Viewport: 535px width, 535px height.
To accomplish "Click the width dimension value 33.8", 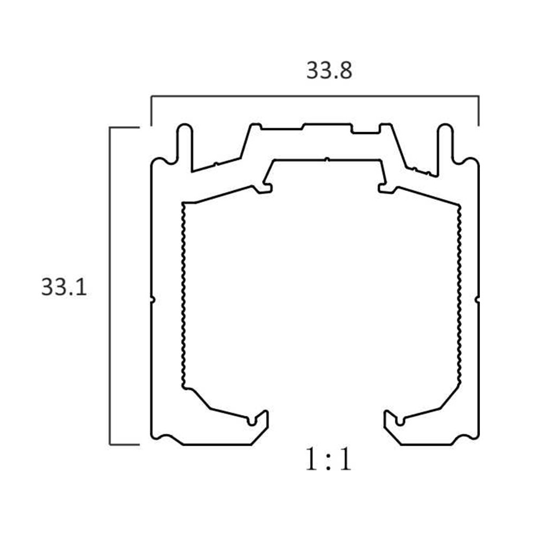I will (329, 71).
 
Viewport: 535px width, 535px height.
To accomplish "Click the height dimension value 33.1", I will (64, 288).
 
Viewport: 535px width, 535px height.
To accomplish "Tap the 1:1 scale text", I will (329, 460).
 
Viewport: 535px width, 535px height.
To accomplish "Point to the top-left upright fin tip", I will (184, 129).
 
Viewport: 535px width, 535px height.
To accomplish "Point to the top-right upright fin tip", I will (445, 129).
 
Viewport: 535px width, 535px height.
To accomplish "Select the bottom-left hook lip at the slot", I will (262, 417).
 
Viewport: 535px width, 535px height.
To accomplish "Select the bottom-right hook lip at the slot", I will (389, 417).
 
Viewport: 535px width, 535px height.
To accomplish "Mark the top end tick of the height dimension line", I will (124, 127).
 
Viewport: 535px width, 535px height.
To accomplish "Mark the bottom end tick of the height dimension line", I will (124, 444).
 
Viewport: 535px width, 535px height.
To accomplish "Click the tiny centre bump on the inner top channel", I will (326, 159).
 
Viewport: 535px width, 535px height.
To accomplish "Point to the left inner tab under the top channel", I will (265, 188).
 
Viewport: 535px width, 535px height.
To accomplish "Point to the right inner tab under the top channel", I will (385, 188).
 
